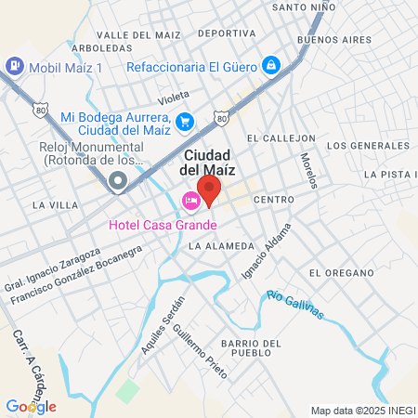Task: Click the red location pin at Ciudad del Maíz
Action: tap(210, 189)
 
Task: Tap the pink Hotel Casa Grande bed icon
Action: tap(190, 201)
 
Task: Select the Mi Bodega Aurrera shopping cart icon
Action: tap(185, 121)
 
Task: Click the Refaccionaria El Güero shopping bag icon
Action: tap(270, 65)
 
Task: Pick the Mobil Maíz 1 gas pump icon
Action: tap(15, 67)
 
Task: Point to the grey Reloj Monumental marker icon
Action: tap(118, 181)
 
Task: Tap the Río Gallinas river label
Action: tap(294, 305)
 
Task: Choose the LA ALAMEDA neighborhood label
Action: tap(220, 246)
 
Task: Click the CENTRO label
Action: tap(273, 200)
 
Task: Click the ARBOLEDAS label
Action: tap(100, 46)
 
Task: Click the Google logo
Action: tap(31, 406)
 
